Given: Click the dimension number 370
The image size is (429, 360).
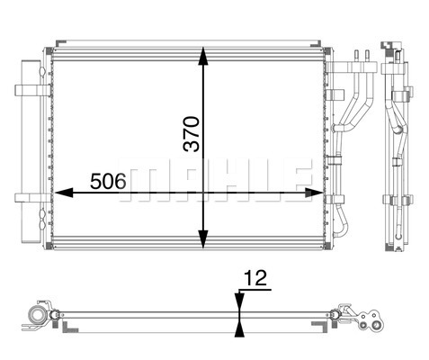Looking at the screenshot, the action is point(192,134).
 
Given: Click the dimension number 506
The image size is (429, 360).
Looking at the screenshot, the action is point(108,182).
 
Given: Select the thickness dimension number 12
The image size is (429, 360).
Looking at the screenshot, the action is point(255,278).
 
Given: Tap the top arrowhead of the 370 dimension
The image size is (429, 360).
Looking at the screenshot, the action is point(203,56).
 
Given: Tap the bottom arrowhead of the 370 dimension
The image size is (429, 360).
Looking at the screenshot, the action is point(203,239).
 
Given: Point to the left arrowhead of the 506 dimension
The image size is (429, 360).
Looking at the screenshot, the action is point(64,193).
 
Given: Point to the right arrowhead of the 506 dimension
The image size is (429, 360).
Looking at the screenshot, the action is point(314,193).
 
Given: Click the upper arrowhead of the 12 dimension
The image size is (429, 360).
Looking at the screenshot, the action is point(239,302).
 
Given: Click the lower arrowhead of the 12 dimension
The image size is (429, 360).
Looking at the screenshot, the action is point(239,328).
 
